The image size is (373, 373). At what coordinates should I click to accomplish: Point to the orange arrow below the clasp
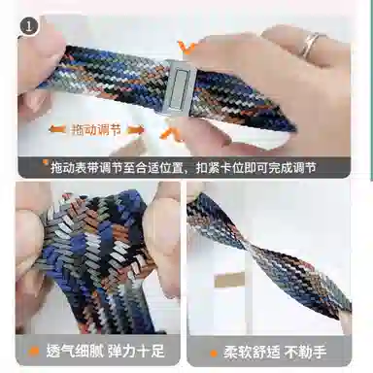[x=174, y=133]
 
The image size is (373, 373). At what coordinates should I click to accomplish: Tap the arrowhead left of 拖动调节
[x=51, y=128]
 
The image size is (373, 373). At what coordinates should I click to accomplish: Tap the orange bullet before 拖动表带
[x=46, y=167]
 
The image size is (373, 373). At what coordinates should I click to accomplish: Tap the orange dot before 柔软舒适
[x=213, y=349]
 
